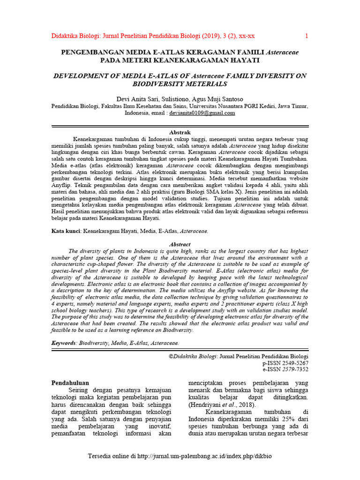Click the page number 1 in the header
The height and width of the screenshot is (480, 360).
[x=307, y=36]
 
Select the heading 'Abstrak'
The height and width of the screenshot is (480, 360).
[x=180, y=133]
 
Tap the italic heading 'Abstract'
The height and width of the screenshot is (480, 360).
[x=180, y=244]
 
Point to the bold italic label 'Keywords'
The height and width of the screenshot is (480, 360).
[x=63, y=343]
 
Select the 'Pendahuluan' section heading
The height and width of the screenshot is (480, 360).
[x=70, y=383]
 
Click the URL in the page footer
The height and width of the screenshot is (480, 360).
[x=204, y=456]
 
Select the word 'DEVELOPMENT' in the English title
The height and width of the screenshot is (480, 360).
[x=80, y=75]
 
